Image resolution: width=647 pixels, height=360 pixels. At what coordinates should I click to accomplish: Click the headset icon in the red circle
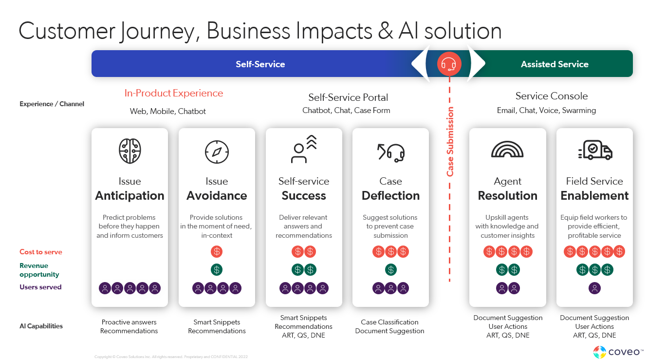(x=448, y=64)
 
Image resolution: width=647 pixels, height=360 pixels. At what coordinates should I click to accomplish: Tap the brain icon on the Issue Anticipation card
(x=129, y=151)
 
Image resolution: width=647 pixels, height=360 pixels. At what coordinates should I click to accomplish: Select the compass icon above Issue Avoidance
(x=217, y=152)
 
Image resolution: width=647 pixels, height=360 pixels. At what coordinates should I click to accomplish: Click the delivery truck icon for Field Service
(x=594, y=151)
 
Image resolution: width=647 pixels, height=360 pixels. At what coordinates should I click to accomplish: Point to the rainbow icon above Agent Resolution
(x=507, y=150)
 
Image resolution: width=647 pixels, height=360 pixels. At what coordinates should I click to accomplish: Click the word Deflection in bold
(x=390, y=196)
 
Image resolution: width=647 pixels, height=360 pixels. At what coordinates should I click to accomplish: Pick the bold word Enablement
(x=594, y=196)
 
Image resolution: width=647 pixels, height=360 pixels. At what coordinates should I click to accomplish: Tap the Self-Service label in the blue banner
(x=260, y=64)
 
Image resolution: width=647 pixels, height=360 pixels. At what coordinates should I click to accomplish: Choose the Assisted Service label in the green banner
(x=555, y=64)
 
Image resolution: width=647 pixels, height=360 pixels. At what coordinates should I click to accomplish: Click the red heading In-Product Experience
(x=174, y=94)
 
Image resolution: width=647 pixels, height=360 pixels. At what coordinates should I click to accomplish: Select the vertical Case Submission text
(x=450, y=142)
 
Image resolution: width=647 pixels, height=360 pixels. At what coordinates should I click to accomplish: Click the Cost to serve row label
(x=41, y=252)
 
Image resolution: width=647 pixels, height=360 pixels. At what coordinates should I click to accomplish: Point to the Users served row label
(x=40, y=287)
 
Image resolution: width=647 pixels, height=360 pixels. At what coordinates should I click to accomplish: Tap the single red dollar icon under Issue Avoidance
(x=217, y=252)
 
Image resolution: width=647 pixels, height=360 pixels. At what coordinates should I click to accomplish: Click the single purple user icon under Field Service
(x=594, y=288)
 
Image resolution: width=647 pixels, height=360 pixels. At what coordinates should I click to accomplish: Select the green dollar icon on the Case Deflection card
(x=390, y=269)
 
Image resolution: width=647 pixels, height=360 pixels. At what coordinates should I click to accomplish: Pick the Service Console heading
(x=552, y=96)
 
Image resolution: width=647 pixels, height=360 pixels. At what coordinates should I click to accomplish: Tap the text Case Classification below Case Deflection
(x=389, y=322)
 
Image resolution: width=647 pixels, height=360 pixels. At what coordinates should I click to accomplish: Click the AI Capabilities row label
(x=41, y=326)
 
